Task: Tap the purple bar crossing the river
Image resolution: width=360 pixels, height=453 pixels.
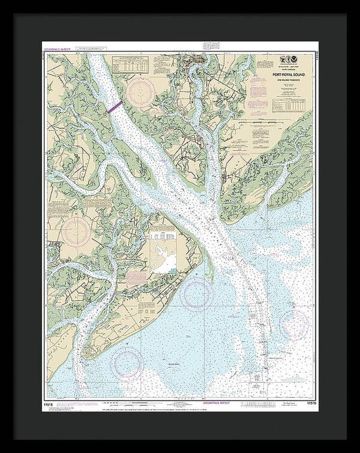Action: [x=114, y=105]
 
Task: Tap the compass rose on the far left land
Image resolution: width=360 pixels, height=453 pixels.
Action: [x=75, y=231]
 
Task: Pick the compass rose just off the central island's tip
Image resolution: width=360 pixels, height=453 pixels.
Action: [x=197, y=293]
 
